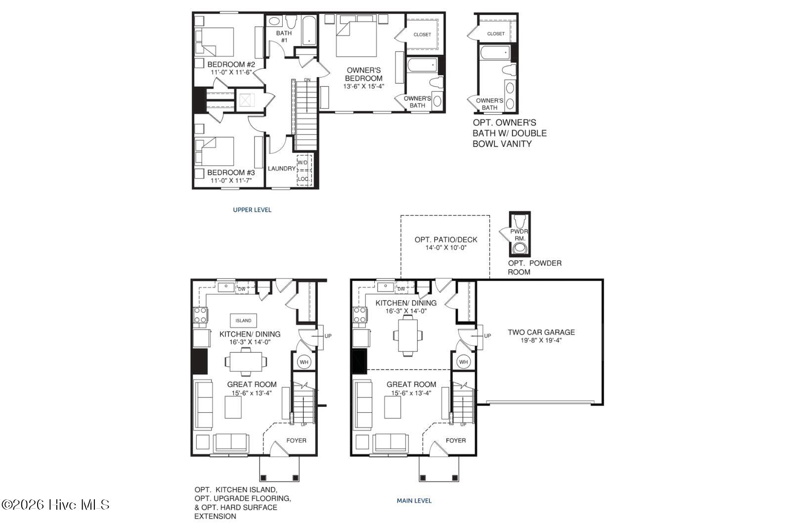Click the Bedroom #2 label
click(231, 64)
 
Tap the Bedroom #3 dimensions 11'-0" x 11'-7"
click(231, 181)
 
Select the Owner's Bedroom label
click(364, 74)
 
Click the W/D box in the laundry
click(304, 163)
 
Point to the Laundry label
click(281, 169)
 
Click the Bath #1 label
click(284, 37)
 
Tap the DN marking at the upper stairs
click(307, 80)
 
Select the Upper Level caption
click(252, 210)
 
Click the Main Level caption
click(414, 500)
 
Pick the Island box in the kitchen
click(243, 321)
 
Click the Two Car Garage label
click(541, 332)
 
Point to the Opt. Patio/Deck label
click(445, 240)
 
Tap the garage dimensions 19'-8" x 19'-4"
click(541, 340)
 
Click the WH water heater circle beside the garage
click(463, 362)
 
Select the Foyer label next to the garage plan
click(455, 440)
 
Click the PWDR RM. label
click(519, 235)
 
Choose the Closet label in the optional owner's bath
click(496, 34)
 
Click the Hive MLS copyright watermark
click(55, 505)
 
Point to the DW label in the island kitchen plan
click(242, 289)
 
